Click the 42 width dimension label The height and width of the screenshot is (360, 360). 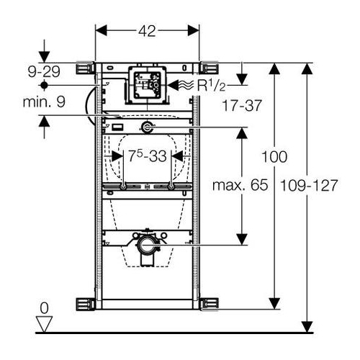pyautogui.click(x=147, y=31)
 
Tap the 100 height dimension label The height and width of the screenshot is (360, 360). pyautogui.click(x=274, y=157)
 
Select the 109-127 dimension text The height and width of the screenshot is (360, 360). pyautogui.click(x=309, y=185)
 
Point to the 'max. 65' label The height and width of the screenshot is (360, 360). pyautogui.click(x=240, y=185)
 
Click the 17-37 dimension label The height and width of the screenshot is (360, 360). pyautogui.click(x=242, y=105)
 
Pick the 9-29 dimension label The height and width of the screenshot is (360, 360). pyautogui.click(x=44, y=72)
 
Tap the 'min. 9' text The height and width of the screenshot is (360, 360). pyautogui.click(x=44, y=102)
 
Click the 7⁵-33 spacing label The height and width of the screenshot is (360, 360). pyautogui.click(x=148, y=156)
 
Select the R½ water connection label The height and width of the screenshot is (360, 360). pyautogui.click(x=211, y=85)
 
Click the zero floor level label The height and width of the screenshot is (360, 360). pyautogui.click(x=44, y=308)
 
